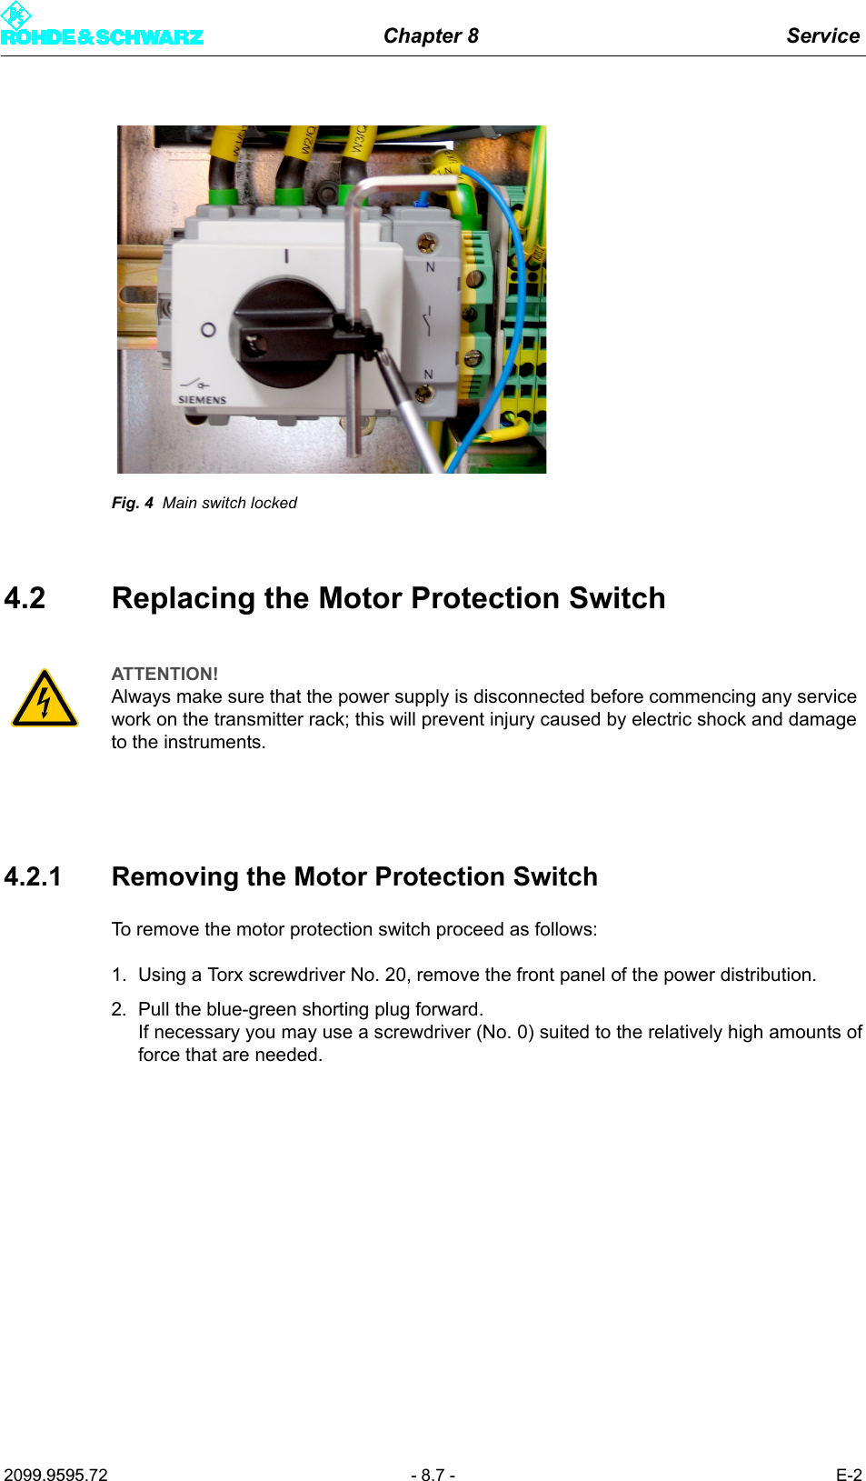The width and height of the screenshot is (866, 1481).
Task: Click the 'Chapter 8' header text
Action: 431,35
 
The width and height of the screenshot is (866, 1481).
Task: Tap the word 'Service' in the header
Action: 822,35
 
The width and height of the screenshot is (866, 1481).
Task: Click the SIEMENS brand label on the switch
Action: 202,400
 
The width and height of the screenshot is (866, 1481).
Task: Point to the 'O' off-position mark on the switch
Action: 208,330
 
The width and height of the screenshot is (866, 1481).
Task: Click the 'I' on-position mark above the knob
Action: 286,256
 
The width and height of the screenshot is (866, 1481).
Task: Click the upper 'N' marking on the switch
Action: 431,267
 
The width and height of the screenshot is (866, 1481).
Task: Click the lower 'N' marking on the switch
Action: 428,375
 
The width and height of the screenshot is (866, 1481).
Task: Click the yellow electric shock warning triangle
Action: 44,699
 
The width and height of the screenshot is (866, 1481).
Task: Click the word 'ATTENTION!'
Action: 164,674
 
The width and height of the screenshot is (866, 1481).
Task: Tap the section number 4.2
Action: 25,598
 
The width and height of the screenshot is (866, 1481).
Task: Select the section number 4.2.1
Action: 33,876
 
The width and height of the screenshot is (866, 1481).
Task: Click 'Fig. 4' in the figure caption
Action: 132,503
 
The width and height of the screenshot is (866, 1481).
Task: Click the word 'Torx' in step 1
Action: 224,975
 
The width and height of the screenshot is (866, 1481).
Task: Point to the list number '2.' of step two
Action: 119,1009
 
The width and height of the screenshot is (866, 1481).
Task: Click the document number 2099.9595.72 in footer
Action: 55,1475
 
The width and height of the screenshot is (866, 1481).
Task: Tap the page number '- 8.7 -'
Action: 433,1475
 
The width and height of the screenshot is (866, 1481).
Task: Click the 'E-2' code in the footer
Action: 849,1475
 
